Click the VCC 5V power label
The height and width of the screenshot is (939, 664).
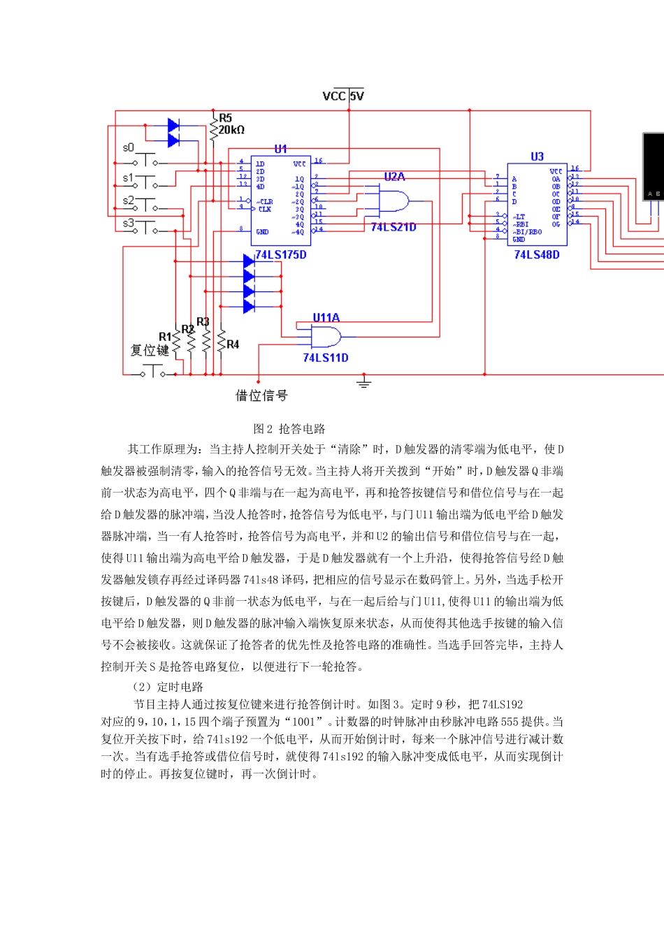[343, 96]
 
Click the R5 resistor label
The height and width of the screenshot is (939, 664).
[225, 118]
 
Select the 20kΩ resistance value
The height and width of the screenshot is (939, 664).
[232, 130]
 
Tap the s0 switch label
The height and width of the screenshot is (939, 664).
[128, 147]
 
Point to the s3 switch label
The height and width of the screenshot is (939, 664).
[128, 224]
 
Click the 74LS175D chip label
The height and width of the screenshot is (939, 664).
[281, 255]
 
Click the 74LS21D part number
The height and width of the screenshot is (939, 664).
[394, 227]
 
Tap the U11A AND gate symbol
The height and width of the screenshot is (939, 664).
[326, 338]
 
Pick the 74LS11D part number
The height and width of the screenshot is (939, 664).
[326, 358]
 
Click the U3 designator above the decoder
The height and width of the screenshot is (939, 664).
[537, 156]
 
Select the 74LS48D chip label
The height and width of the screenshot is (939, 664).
[537, 255]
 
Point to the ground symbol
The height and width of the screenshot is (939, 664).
[363, 383]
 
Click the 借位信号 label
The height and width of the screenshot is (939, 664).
[261, 396]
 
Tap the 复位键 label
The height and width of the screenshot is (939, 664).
[150, 350]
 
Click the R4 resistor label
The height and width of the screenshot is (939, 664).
[233, 344]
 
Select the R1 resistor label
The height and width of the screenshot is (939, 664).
[165, 337]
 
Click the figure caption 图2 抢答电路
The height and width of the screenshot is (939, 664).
[289, 429]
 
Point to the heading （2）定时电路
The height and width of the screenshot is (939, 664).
[168, 687]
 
